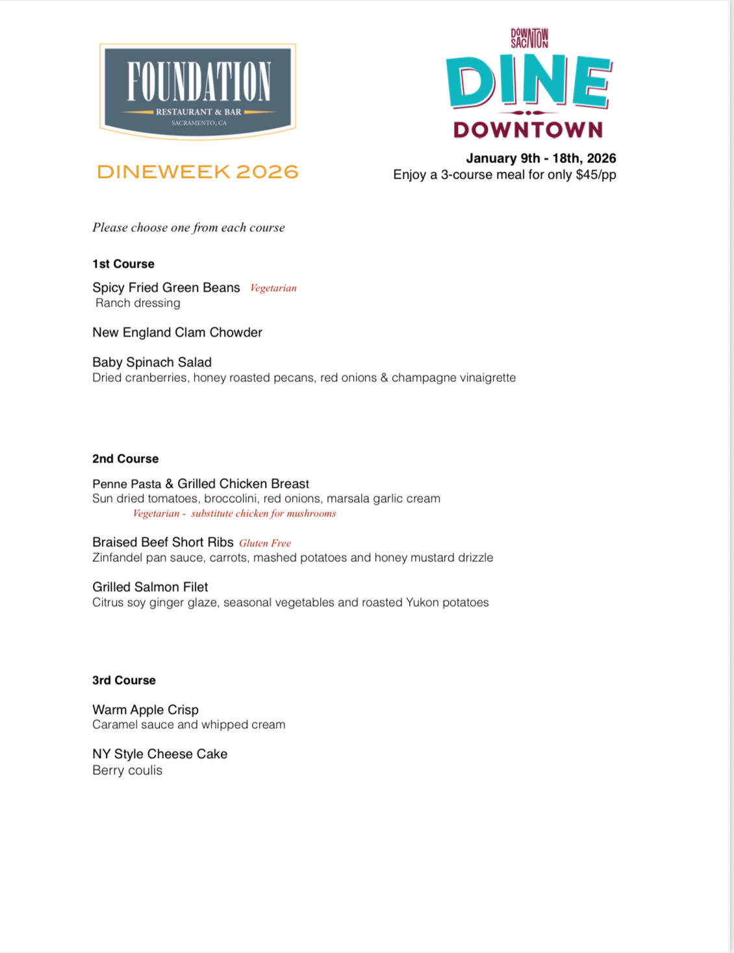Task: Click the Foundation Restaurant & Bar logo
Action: tap(197, 91)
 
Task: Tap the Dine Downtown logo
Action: tap(529, 84)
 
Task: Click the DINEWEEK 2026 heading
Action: tap(197, 172)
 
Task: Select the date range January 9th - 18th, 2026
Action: tap(540, 159)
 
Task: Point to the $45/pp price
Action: tap(596, 175)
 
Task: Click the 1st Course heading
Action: tap(123, 264)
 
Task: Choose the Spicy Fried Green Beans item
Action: tap(166, 288)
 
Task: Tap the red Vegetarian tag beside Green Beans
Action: tap(273, 288)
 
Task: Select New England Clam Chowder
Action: tap(177, 333)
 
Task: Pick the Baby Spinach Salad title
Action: tap(152, 362)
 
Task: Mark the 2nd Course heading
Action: tap(125, 459)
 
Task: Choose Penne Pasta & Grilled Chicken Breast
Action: tap(201, 484)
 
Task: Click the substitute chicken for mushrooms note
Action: tap(263, 513)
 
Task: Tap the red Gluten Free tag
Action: tap(265, 543)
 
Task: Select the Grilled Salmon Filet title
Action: tap(150, 587)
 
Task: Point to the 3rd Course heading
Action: tap(124, 680)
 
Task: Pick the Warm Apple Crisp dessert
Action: tap(146, 710)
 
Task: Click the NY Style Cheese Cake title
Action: tap(160, 754)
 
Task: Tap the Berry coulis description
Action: tap(127, 770)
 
